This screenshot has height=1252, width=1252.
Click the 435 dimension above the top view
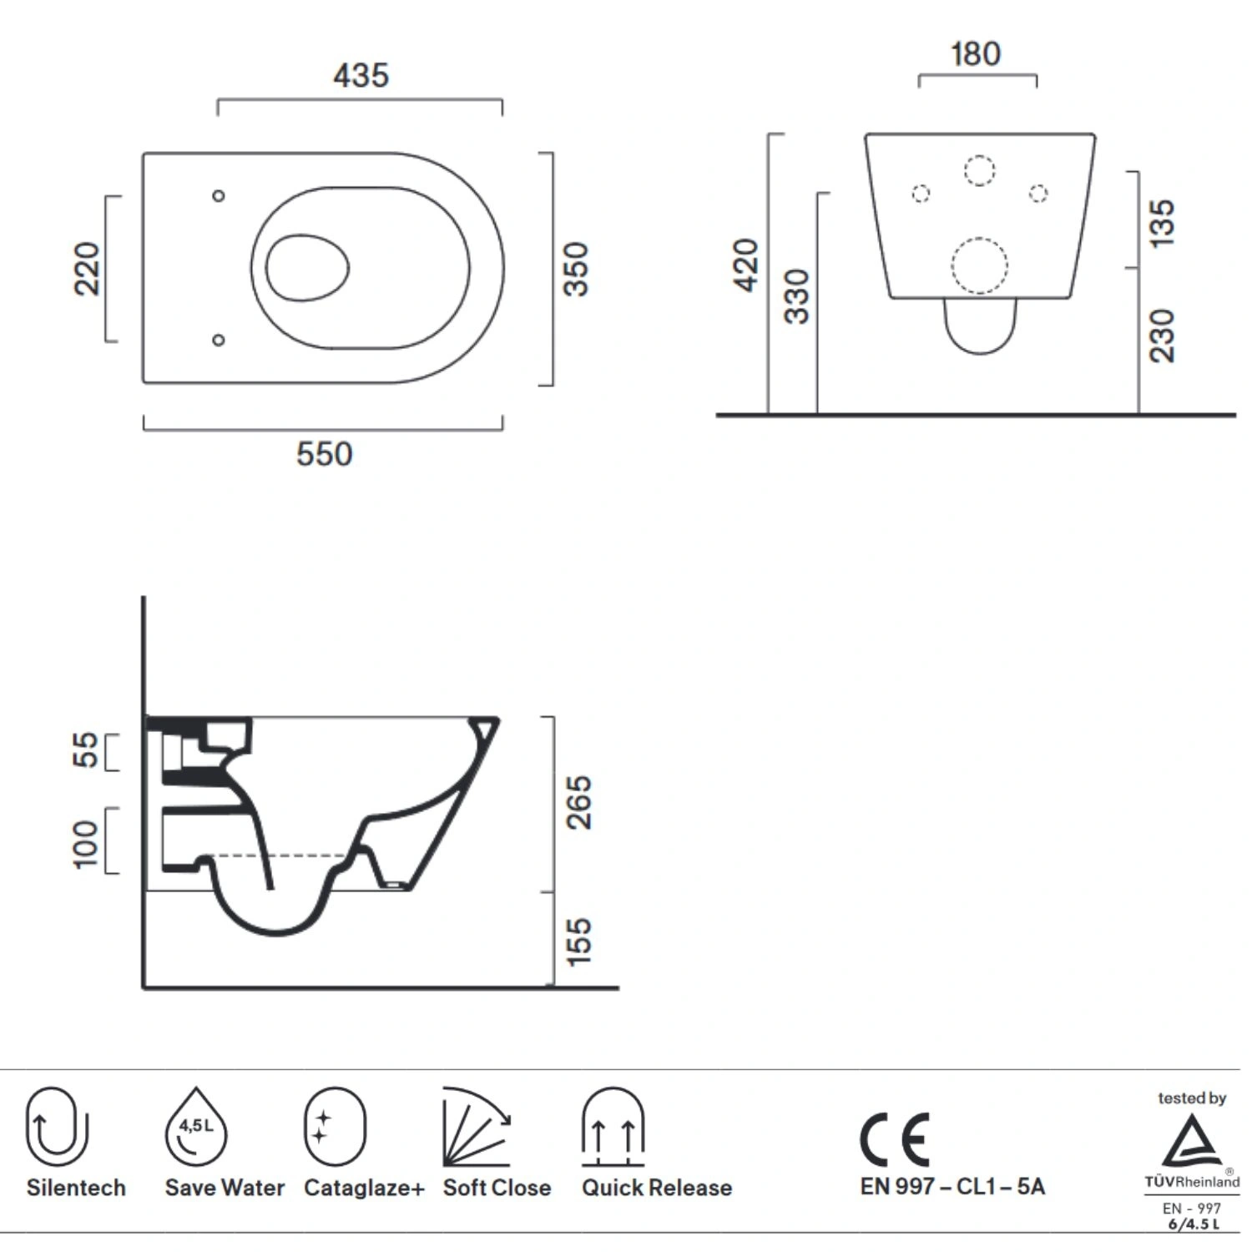point(361,75)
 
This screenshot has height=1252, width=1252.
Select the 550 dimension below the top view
point(325,454)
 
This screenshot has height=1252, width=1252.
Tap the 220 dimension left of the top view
point(87,269)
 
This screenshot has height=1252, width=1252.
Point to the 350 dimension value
point(576,269)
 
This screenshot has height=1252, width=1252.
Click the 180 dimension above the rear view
point(976,54)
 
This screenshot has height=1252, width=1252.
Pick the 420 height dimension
point(746,265)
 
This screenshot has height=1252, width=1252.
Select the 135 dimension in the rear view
point(1162,222)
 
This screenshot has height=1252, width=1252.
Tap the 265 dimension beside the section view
point(578,802)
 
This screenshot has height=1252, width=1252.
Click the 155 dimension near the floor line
point(578,942)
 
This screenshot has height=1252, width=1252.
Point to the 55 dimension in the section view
point(85,750)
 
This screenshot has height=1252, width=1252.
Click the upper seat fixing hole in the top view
point(219,196)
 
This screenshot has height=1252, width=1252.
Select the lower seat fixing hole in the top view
point(219,341)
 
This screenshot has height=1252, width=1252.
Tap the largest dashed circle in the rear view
point(980,265)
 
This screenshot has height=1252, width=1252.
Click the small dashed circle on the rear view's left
point(921,194)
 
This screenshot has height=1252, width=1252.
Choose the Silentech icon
point(57,1127)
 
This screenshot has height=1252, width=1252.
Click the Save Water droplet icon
point(196,1127)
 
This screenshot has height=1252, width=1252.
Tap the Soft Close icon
point(477,1127)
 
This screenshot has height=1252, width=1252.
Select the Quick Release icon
point(613,1127)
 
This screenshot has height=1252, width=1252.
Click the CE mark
point(895,1139)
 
